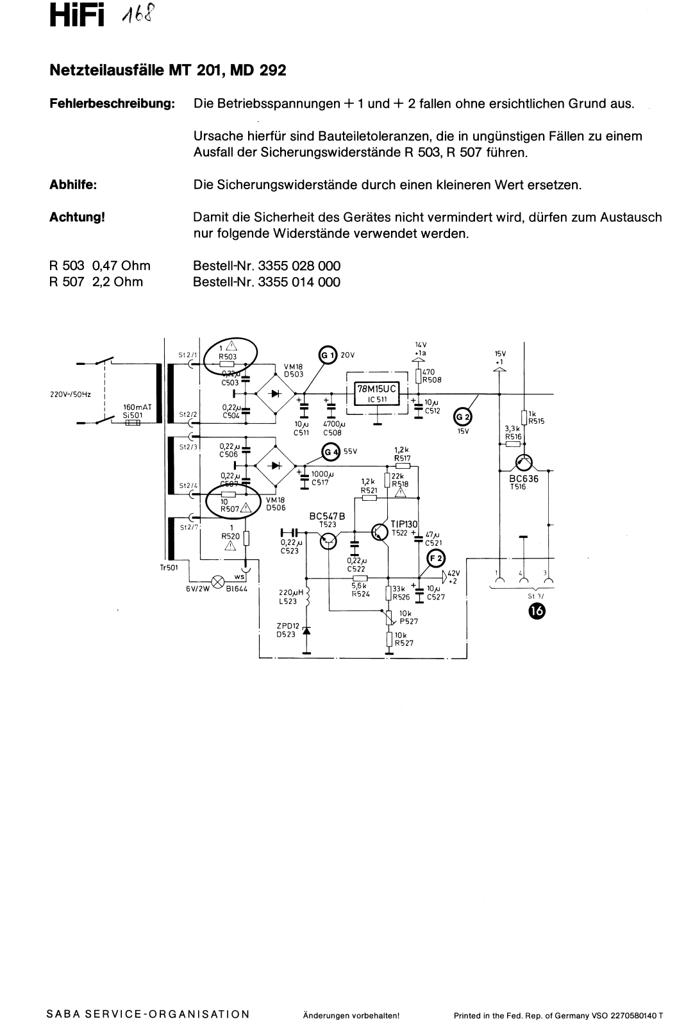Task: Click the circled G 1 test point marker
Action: [327, 355]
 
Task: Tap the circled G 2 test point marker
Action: [462, 417]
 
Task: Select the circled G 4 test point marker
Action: [331, 452]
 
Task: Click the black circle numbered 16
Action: [536, 610]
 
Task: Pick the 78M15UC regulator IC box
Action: [377, 391]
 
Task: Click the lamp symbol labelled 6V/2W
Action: [217, 581]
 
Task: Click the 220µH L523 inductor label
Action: [291, 596]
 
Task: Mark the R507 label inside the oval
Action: [230, 509]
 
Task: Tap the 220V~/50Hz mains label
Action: [71, 394]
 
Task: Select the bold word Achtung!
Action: [77, 217]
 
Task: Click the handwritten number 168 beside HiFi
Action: [135, 16]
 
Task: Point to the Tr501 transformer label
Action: [169, 568]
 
